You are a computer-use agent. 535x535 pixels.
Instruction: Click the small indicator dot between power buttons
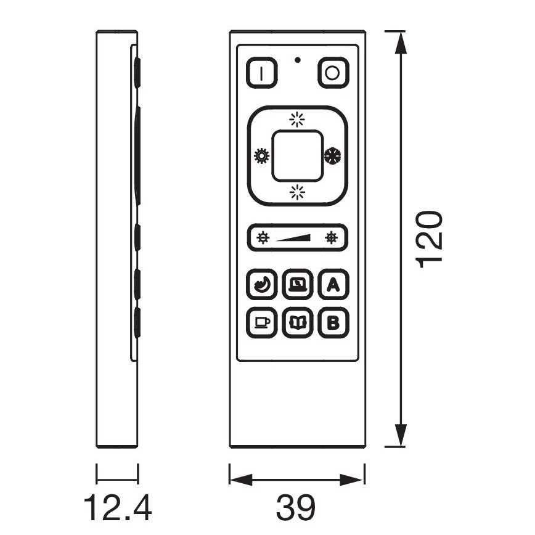[298, 60]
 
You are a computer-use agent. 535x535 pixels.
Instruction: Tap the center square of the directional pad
[297, 156]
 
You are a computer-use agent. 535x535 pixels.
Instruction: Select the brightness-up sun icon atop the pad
[297, 120]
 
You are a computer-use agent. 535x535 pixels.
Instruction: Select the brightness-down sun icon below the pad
[297, 192]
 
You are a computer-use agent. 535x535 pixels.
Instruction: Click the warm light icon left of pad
[262, 156]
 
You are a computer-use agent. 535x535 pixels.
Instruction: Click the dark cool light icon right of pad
[332, 155]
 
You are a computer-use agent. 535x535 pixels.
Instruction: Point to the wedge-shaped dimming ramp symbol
[293, 238]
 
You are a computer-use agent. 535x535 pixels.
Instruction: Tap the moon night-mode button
[262, 284]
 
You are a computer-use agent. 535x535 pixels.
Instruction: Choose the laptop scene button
[298, 284]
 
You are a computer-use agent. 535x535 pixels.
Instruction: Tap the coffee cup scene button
[262, 322]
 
